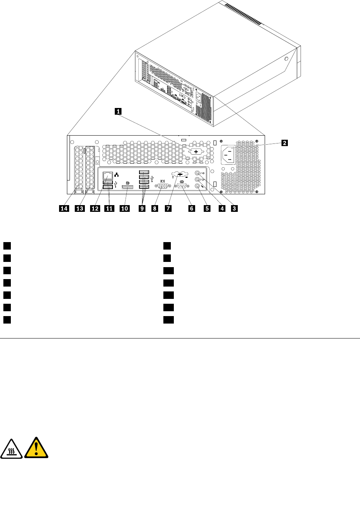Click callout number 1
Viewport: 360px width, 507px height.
pos(118,111)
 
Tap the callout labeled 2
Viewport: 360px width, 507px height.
pos(284,143)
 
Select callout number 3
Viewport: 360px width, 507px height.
pos(234,208)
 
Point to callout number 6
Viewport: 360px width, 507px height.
pos(191,208)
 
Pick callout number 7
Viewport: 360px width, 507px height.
pos(168,208)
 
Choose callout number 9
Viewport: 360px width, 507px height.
pos(142,208)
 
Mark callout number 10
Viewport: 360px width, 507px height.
pos(125,208)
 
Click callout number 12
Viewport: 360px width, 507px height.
pos(95,208)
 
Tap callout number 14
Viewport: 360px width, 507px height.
pos(64,208)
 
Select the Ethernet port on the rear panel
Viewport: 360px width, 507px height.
pos(108,175)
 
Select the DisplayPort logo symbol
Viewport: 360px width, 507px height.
pos(128,183)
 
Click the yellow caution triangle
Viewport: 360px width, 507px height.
pos(36,448)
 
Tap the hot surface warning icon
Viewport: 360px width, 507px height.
pos(11,449)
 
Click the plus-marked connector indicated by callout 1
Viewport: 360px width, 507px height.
pos(196,151)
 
